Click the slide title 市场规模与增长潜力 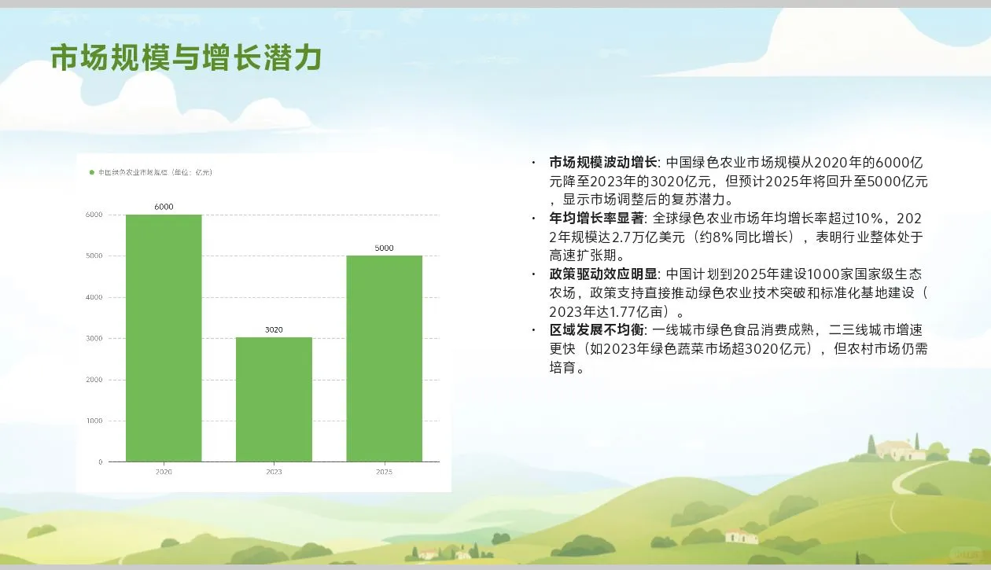(186, 58)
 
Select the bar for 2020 (164, 338)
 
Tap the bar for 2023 (274, 399)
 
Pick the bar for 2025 (384, 359)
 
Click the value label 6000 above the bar (164, 207)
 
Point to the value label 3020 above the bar (274, 329)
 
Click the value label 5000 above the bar (384, 248)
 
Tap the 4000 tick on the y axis (94, 297)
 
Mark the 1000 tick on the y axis (94, 421)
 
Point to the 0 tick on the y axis (99, 462)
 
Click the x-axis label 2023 (274, 472)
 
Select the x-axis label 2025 (384, 472)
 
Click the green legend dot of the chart (92, 172)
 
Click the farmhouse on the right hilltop (901, 450)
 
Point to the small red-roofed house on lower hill (741, 535)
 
